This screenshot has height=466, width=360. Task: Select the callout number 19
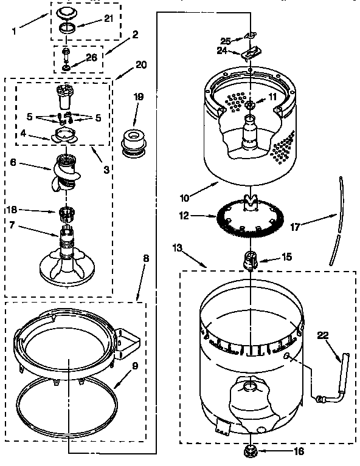coord(139,96)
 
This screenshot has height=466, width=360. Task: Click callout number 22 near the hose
coord(322,334)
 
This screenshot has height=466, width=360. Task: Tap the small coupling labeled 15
coord(251,259)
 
